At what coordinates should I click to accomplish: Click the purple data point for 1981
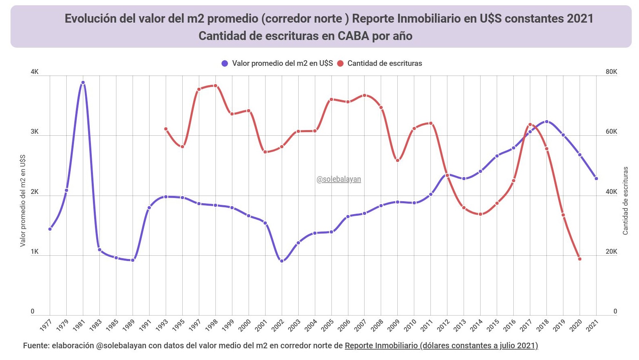(x=83, y=82)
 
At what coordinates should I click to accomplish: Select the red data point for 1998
(x=215, y=86)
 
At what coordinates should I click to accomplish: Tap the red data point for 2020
(x=580, y=259)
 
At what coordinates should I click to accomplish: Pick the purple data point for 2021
(x=596, y=179)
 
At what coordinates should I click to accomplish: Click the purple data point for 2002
(x=282, y=261)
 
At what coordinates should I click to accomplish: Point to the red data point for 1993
(x=166, y=129)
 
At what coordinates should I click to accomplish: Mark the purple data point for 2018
(x=546, y=122)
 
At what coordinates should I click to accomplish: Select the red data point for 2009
(x=398, y=160)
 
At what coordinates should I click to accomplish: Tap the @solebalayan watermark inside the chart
(x=339, y=179)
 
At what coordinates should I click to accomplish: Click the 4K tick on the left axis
(x=35, y=72)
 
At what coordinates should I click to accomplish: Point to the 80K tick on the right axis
(x=611, y=72)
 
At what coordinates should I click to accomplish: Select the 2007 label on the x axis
(x=361, y=325)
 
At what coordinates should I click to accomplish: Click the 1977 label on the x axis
(x=46, y=325)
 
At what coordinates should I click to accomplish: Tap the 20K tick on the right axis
(x=611, y=251)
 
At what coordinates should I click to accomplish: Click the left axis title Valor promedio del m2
(x=23, y=200)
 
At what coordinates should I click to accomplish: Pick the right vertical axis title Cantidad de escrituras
(x=625, y=200)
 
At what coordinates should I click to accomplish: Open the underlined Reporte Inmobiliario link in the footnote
(x=441, y=345)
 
